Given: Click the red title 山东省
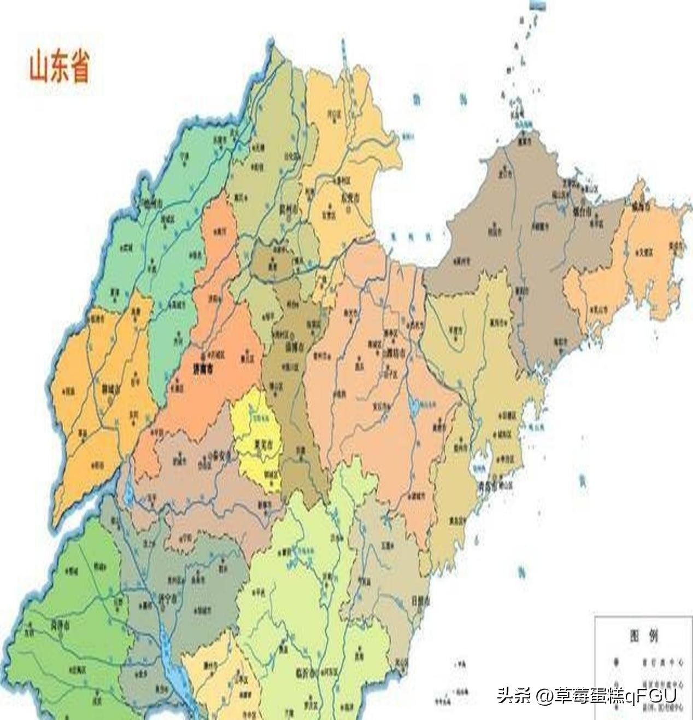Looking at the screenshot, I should pyautogui.click(x=59, y=66).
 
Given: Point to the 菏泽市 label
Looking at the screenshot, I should pyautogui.click(x=60, y=625).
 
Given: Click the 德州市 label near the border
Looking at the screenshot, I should pyautogui.click(x=151, y=204).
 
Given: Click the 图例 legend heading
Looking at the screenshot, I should pyautogui.click(x=643, y=636).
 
